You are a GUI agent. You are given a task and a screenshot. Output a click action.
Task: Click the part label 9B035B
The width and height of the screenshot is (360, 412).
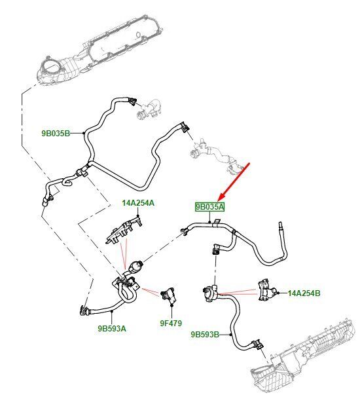pyautogui.click(x=56, y=134)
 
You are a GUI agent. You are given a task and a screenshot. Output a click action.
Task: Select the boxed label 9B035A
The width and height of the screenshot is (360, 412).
pyautogui.click(x=210, y=207)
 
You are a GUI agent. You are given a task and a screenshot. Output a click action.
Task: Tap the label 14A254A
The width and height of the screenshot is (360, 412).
pyautogui.click(x=138, y=203)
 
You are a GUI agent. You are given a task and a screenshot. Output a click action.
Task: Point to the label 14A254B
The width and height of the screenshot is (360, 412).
pyautogui.click(x=304, y=293)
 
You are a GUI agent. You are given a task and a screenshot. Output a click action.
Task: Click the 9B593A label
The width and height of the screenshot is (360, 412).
pyautogui.click(x=112, y=328)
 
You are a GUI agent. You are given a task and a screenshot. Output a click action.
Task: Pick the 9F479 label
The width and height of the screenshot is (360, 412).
pyautogui.click(x=171, y=323)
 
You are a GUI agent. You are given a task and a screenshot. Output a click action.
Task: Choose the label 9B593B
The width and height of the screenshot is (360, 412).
pyautogui.click(x=205, y=335)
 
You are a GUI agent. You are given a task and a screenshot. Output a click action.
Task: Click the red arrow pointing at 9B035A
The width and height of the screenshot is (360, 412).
pyautogui.click(x=234, y=181)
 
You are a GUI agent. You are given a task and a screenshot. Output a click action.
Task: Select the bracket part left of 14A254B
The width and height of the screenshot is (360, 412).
pyautogui.click(x=266, y=291)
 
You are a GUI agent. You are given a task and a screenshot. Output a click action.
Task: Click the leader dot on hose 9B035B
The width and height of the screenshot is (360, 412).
pyautogui.click(x=83, y=133)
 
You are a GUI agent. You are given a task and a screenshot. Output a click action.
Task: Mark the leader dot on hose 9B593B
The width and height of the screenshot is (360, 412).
pyautogui.click(x=230, y=335)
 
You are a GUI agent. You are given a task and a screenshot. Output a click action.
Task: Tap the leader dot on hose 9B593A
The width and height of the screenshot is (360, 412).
pyautogui.click(x=112, y=311)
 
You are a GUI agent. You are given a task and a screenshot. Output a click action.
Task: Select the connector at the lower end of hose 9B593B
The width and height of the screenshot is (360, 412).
pyautogui.click(x=257, y=345)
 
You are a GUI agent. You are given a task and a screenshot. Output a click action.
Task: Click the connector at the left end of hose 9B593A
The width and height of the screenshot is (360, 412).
pyautogui.click(x=84, y=310)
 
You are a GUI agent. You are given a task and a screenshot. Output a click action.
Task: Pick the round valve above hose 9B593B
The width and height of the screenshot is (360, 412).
pyautogui.click(x=211, y=293)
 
